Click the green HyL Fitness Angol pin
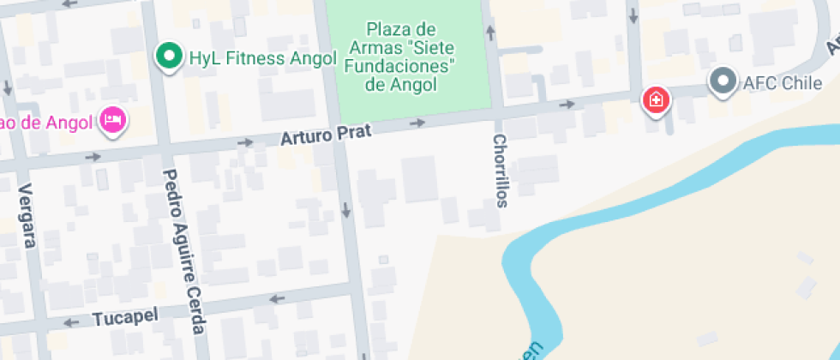point(170,57)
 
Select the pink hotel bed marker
point(111,119)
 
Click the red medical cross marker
point(657,100)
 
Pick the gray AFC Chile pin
point(723,81)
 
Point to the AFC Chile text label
point(783,83)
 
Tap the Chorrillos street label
point(501,171)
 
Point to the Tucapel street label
point(125,316)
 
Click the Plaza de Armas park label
point(401,57)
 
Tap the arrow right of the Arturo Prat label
point(417,123)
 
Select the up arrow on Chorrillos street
point(490,33)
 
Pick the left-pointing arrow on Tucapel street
point(276,299)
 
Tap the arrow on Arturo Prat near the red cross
point(567,104)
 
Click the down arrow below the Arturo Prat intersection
point(346,209)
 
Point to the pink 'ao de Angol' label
point(47,121)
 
